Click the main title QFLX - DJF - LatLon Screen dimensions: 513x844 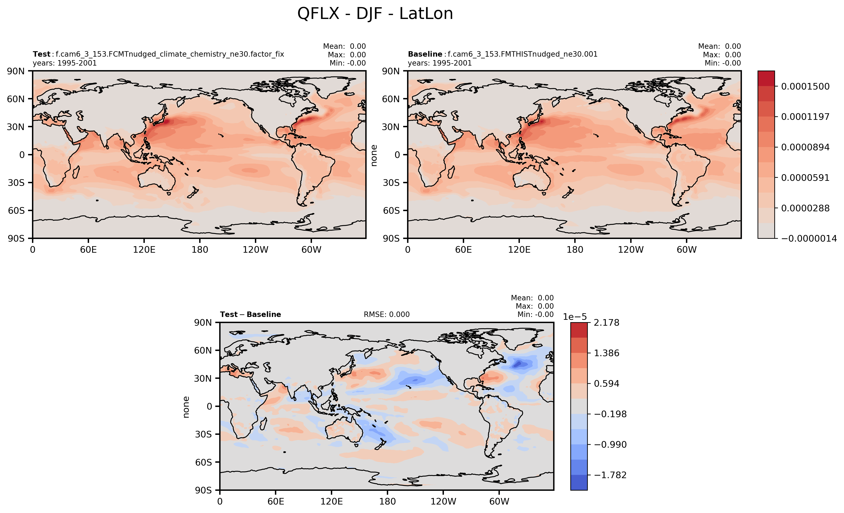tap(375, 14)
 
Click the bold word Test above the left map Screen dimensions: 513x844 tap(41, 54)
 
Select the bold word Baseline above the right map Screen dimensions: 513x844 tap(425, 54)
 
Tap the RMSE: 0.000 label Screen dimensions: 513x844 tap(386, 314)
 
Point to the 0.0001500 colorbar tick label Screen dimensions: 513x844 tap(805, 86)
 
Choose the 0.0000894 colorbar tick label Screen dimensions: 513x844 tap(805, 147)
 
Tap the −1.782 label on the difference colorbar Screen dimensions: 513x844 tap(610, 475)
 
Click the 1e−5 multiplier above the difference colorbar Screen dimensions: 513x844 tap(575, 317)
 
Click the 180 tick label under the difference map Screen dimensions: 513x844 tap(387, 502)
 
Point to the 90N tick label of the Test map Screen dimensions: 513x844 tap(16, 71)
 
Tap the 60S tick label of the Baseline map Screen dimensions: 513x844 tap(391, 210)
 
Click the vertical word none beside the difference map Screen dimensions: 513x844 tap(186, 407)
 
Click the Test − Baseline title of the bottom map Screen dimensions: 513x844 tap(250, 314)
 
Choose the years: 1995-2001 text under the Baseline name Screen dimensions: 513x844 tap(440, 63)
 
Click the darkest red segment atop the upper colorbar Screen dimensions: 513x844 tap(766, 78)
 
